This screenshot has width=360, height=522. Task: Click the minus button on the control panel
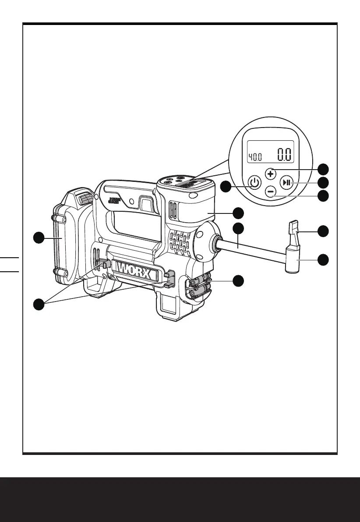tap(271, 192)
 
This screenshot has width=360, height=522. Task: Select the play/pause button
tap(287, 182)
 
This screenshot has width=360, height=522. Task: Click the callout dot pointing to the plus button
tap(323, 169)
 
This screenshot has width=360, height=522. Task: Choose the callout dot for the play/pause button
tap(323, 182)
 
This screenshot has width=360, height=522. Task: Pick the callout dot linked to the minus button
tap(323, 195)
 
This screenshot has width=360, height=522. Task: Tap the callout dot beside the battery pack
tap(40, 238)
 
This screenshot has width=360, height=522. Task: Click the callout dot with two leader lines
tap(40, 303)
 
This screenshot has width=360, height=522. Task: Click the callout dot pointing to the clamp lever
tap(323, 231)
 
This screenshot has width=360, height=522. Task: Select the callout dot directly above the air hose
tap(238, 228)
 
